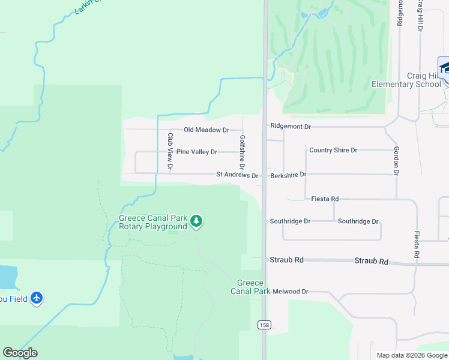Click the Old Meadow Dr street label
point(206,130)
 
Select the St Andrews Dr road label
point(237,176)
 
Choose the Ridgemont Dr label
point(291,127)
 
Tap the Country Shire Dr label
point(333,150)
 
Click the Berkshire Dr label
point(288,175)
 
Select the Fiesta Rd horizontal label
point(325,199)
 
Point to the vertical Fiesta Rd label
point(416,245)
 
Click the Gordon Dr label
point(396,160)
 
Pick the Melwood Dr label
point(290,292)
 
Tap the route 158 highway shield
point(264,325)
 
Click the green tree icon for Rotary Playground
point(196,222)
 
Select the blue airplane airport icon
point(37,298)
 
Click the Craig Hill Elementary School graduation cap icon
point(444,68)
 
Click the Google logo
point(20,353)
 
